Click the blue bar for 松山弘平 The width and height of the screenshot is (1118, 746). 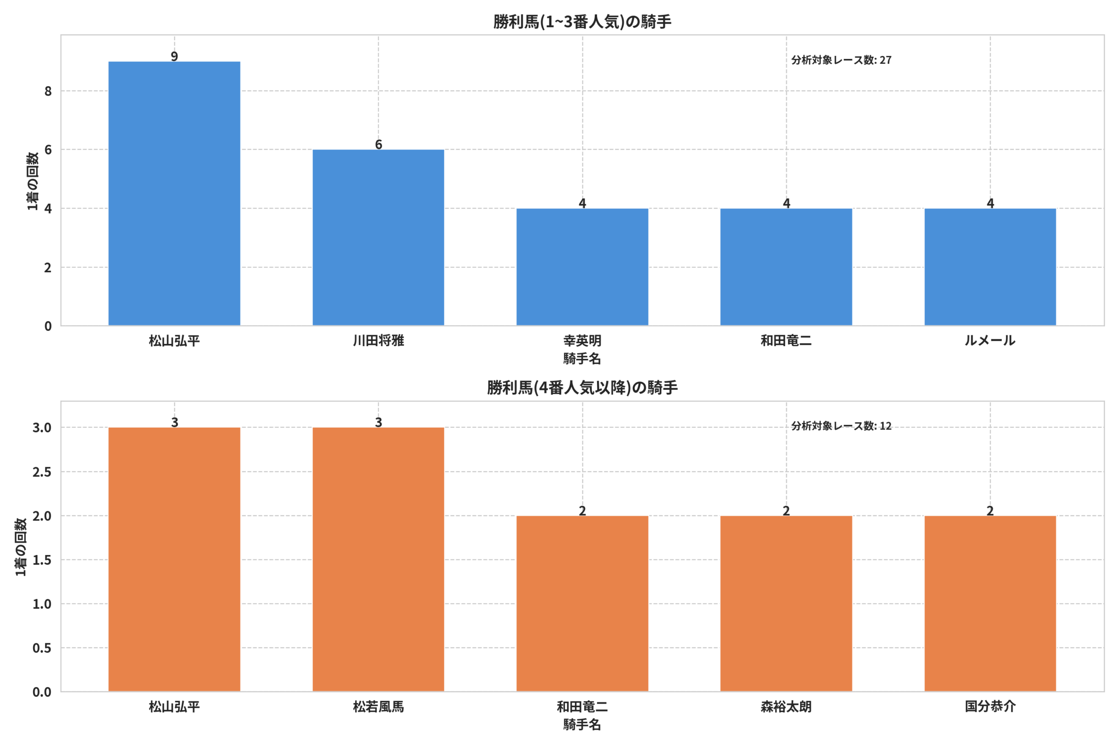point(174,194)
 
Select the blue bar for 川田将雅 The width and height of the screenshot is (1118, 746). point(378,237)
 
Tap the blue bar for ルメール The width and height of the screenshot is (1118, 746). point(990,267)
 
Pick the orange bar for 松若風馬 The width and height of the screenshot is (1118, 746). point(378,559)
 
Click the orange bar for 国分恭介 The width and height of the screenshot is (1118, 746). point(990,604)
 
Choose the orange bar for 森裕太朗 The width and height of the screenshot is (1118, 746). point(786,604)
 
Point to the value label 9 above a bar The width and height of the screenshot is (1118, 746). point(174,56)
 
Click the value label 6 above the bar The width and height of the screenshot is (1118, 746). point(378,144)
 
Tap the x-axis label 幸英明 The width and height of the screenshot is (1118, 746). point(582,340)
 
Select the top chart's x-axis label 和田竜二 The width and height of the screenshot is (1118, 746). point(786,340)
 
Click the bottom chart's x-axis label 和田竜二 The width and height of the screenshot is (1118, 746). point(582,707)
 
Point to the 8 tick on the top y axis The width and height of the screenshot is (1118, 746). point(48,91)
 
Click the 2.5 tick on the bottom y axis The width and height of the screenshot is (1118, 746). point(42,472)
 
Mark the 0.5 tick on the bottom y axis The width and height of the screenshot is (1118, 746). point(42,648)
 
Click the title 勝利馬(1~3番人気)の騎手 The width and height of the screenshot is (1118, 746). point(582,22)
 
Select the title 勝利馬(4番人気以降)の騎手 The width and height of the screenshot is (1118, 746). point(582,388)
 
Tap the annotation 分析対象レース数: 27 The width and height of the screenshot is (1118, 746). point(842,60)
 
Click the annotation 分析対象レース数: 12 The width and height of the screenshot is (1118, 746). point(842,426)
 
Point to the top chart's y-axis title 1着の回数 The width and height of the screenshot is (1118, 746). point(32,181)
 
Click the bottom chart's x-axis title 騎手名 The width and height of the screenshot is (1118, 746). point(582,725)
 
